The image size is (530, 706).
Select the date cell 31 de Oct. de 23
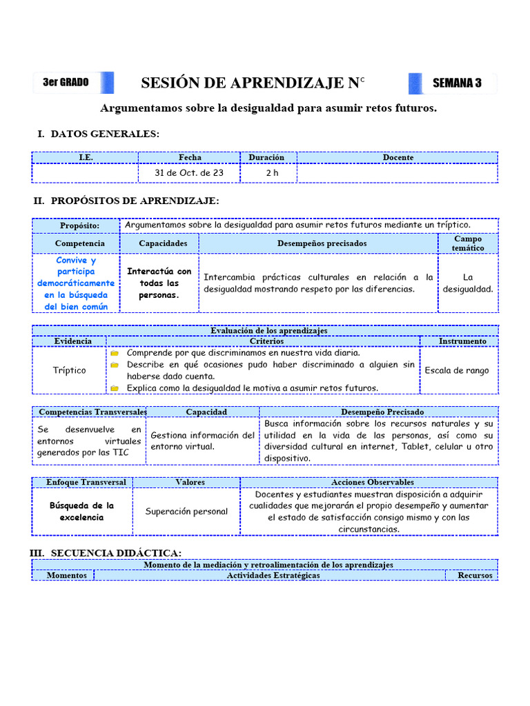click(189, 173)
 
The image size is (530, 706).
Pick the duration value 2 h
click(272, 173)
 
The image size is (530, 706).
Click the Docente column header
click(398, 157)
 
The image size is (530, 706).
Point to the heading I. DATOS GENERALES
click(98, 134)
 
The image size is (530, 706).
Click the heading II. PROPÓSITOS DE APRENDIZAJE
click(126, 201)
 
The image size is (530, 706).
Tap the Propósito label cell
click(79, 226)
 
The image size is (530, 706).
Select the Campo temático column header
click(467, 243)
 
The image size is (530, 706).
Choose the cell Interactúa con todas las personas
click(159, 283)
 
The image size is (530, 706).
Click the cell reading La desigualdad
click(468, 283)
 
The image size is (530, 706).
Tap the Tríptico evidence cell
click(70, 370)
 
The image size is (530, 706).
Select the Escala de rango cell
click(456, 370)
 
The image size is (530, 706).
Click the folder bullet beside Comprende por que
click(115, 353)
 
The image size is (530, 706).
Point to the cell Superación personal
click(186, 512)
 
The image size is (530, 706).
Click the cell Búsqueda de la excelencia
click(81, 512)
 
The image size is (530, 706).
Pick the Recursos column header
click(475, 575)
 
